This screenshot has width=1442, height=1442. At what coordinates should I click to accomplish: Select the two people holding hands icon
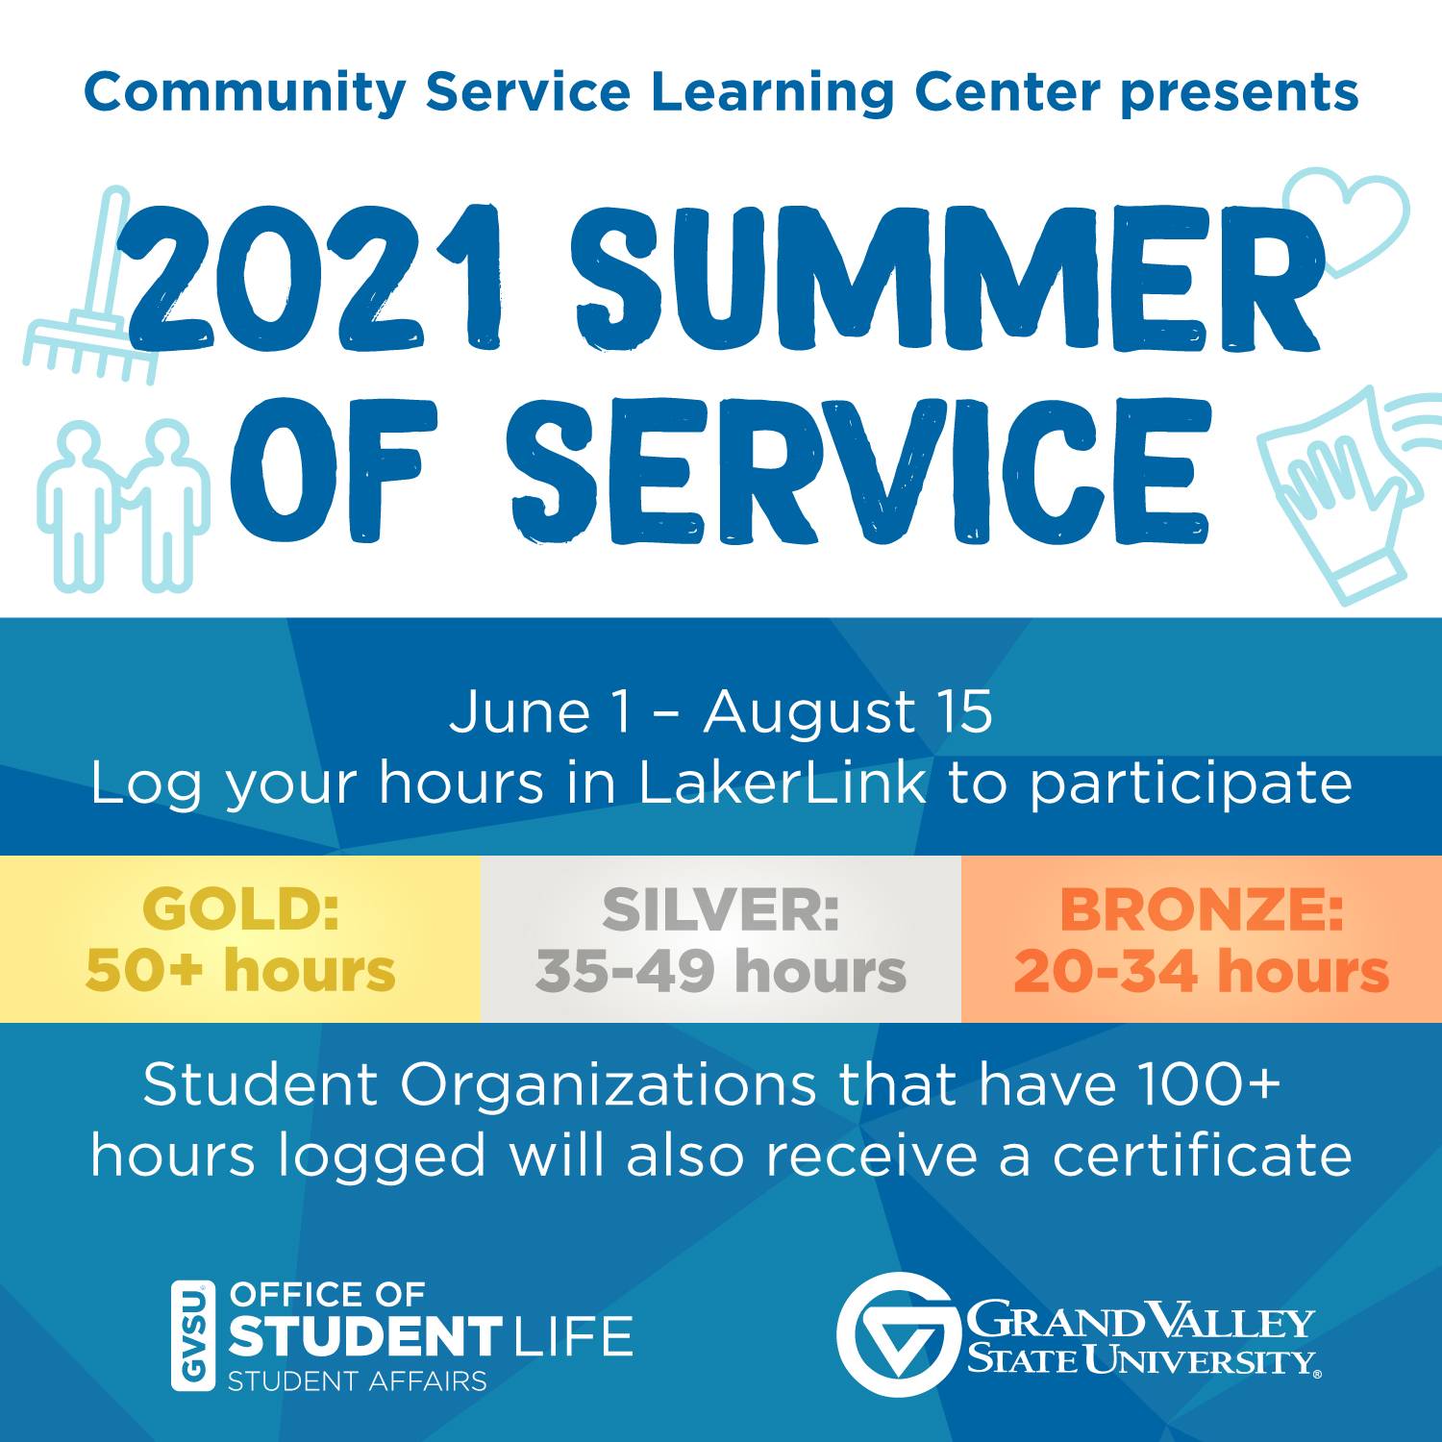click(x=123, y=506)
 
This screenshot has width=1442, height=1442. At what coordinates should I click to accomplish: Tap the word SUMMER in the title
click(x=947, y=279)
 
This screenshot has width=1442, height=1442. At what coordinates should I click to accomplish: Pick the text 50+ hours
click(x=240, y=971)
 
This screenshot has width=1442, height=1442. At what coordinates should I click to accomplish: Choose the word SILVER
click(x=721, y=909)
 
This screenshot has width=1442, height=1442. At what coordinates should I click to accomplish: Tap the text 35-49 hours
click(x=721, y=971)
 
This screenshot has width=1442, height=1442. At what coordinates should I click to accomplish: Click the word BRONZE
click(x=1202, y=909)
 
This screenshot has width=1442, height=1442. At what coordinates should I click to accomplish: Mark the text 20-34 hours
click(x=1202, y=971)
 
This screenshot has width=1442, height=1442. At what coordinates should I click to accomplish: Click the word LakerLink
click(x=783, y=783)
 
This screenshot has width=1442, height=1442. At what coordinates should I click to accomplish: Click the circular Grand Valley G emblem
click(x=899, y=1334)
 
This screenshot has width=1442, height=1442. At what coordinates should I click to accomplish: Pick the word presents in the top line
click(x=1240, y=94)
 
